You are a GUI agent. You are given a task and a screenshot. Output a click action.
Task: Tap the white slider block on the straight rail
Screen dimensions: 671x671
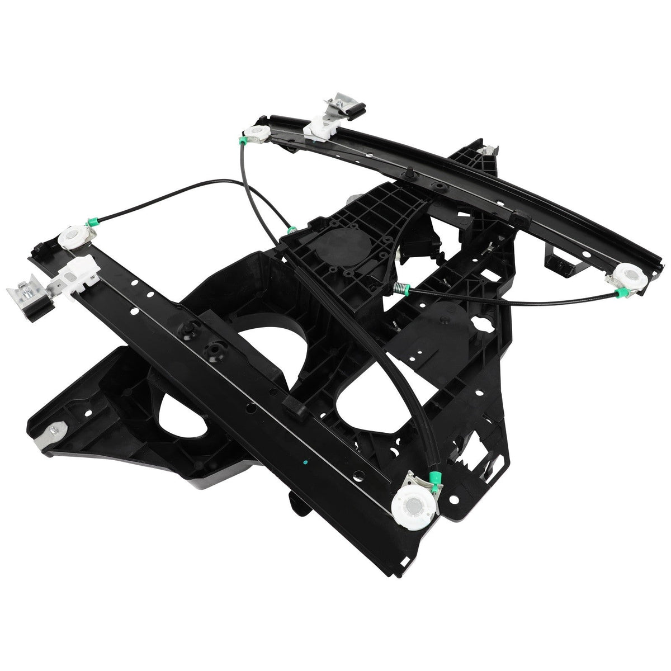click(74, 269)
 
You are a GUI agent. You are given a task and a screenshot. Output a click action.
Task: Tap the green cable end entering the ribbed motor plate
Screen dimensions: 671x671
click(291, 230)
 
